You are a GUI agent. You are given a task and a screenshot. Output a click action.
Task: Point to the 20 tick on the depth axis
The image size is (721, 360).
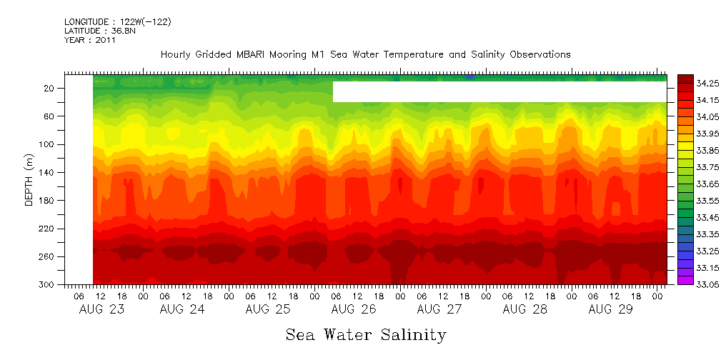tap(49, 88)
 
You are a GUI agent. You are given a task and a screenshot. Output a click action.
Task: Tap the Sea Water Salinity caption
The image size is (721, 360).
tap(366, 335)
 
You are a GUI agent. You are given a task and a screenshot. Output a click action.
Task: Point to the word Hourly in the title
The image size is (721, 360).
tap(175, 54)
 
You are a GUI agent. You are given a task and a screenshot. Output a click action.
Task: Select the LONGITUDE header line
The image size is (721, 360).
tap(117, 22)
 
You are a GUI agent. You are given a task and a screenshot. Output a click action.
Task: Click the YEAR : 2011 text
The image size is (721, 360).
tap(90, 40)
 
